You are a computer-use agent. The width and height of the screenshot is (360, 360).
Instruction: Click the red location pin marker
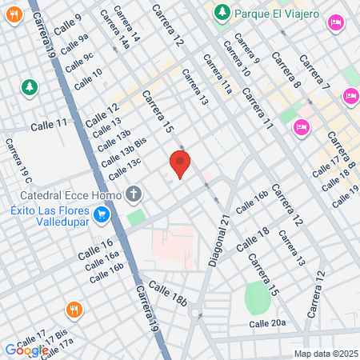point(180,164)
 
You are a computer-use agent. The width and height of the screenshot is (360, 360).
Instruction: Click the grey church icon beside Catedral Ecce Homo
point(134,194)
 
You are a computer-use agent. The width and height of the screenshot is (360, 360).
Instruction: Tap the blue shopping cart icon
point(101,214)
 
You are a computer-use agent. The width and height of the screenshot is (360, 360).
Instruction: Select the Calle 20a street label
point(266,323)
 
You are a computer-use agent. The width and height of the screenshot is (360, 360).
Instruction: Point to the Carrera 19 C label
point(17,158)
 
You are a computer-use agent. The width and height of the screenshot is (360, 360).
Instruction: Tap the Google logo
point(26,350)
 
